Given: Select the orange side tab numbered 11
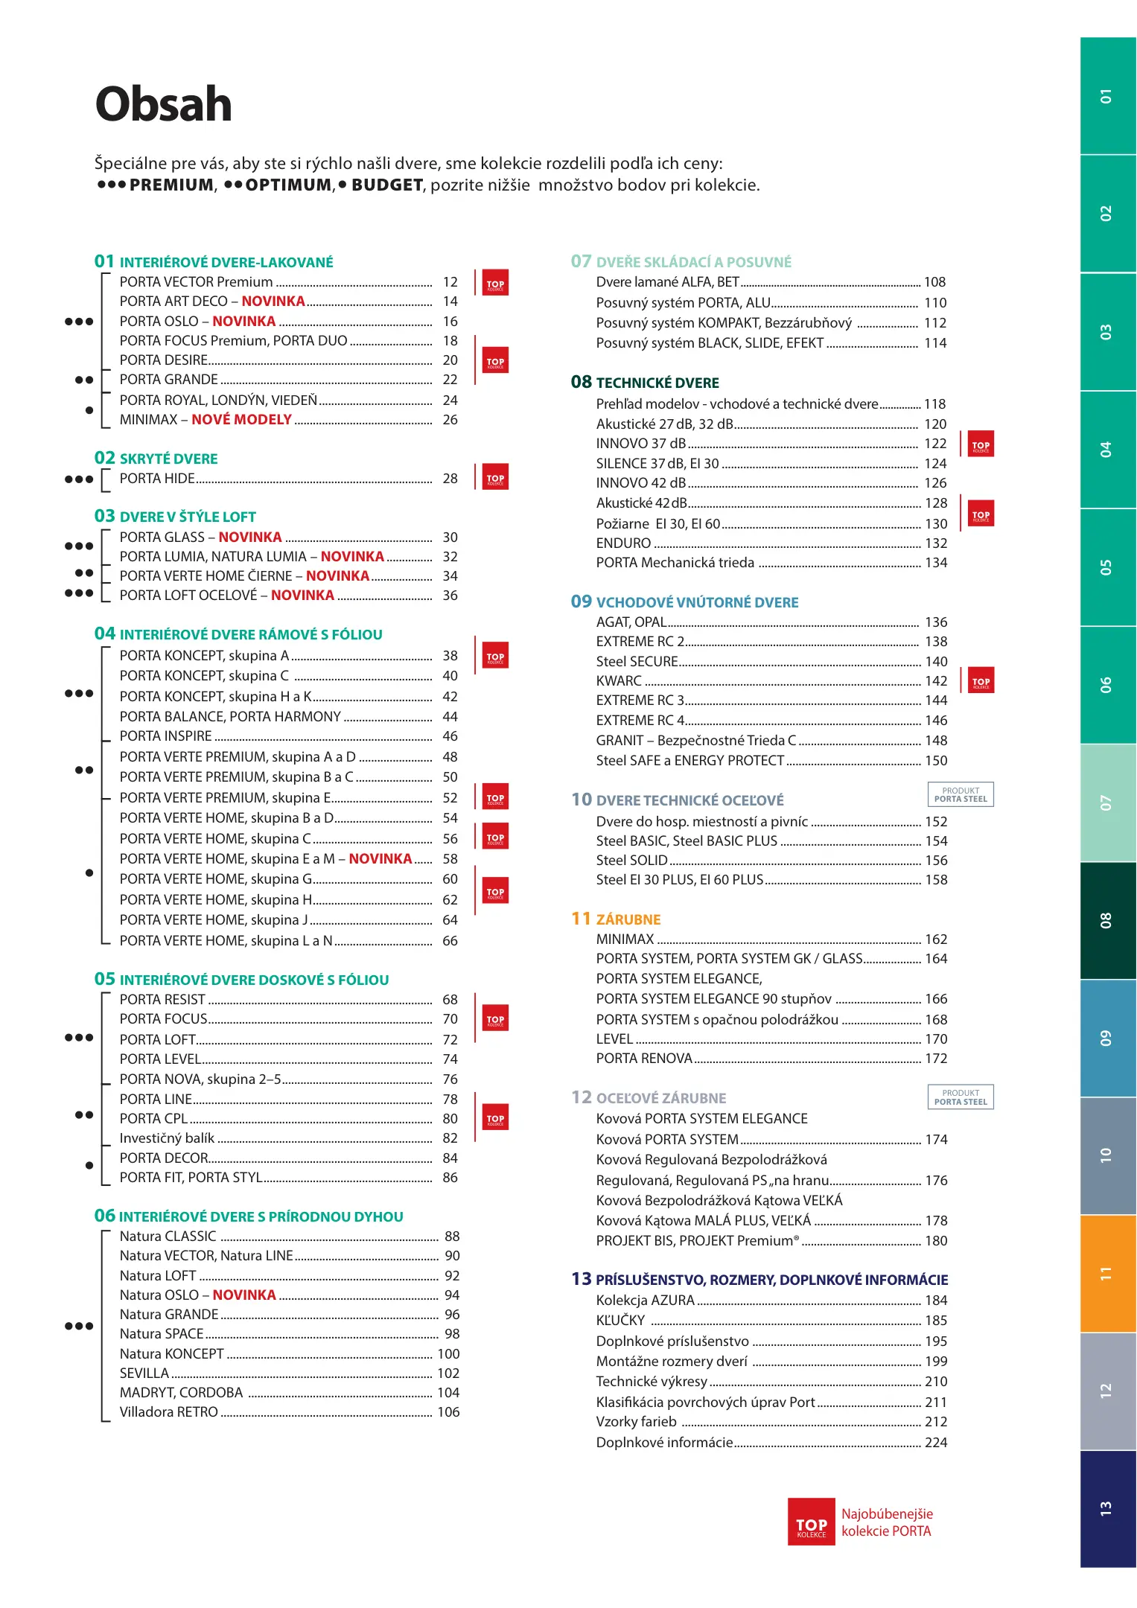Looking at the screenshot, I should click(1107, 1274).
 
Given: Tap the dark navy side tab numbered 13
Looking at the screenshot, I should click(1107, 1509).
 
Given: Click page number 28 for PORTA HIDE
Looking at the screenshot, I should click(450, 479).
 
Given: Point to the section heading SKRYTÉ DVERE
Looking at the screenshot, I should click(168, 459).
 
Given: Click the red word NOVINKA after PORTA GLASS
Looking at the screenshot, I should click(250, 537).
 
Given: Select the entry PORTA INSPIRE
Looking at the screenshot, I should click(166, 736).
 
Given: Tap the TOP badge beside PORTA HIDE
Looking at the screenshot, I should click(495, 478).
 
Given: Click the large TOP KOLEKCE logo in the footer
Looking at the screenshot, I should click(812, 1522).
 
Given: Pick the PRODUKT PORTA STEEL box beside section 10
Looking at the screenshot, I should click(961, 795).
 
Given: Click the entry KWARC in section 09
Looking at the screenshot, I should click(619, 681).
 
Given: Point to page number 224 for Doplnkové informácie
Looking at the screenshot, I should click(936, 1442).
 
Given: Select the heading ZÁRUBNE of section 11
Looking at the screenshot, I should click(628, 919).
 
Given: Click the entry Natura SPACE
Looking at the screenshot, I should click(162, 1334).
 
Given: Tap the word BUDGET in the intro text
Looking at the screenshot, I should click(387, 185).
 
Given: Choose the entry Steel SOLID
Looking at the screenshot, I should click(631, 861).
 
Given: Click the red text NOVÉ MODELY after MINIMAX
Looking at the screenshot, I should click(241, 420).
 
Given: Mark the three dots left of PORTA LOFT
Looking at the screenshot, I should click(79, 1038).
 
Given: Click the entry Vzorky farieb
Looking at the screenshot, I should click(636, 1422).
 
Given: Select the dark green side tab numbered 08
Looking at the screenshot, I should click(1107, 920).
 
